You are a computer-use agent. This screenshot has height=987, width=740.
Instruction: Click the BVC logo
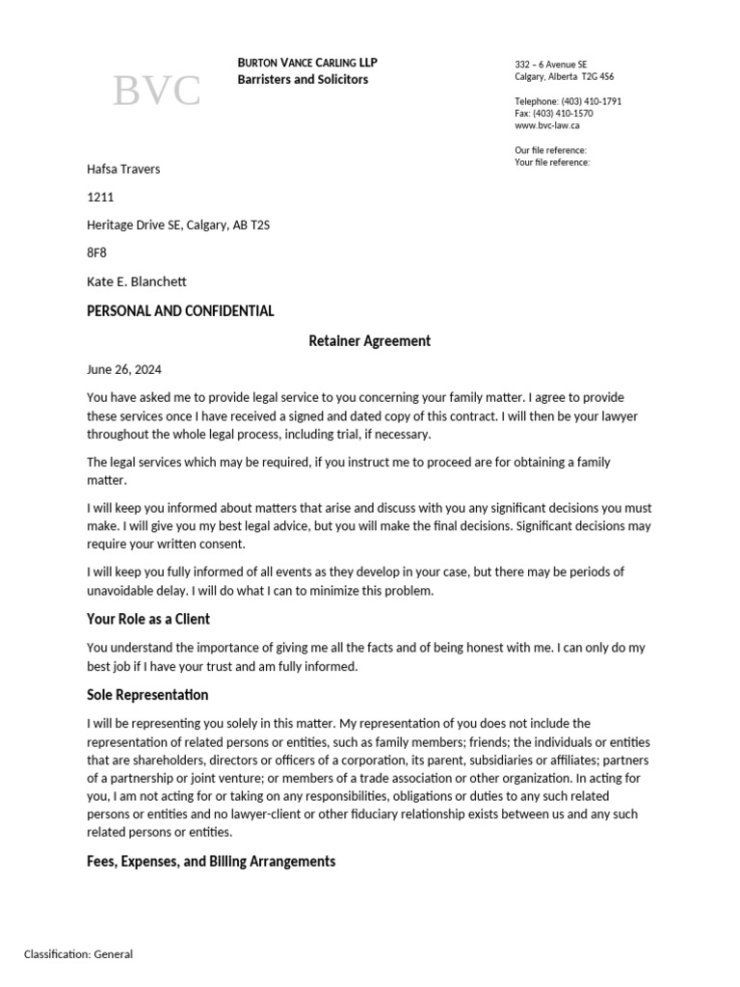tap(157, 91)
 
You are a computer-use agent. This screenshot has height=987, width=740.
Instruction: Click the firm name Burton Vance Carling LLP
tap(307, 63)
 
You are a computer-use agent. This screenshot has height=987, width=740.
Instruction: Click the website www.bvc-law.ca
tap(546, 125)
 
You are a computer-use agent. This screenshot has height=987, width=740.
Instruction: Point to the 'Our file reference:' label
tap(550, 150)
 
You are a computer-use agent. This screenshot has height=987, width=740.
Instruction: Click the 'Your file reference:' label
tap(552, 162)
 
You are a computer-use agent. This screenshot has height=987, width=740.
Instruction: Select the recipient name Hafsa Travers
tap(123, 170)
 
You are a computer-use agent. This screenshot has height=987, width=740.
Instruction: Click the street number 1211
tap(100, 198)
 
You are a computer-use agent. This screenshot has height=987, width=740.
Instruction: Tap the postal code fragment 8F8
tap(97, 253)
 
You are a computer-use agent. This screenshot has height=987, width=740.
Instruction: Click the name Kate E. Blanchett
tap(136, 281)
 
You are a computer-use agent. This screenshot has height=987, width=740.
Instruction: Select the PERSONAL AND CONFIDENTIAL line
tap(180, 311)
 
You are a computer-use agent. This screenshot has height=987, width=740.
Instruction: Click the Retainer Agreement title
tap(369, 340)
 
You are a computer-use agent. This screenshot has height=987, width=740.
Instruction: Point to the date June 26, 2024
tap(124, 369)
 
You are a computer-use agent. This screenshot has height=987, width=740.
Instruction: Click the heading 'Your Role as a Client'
tap(148, 619)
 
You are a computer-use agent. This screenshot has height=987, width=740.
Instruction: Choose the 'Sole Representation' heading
tap(147, 695)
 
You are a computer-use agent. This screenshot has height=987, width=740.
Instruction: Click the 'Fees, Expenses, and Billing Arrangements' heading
tap(211, 862)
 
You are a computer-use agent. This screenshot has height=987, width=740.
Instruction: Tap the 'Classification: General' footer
tap(79, 954)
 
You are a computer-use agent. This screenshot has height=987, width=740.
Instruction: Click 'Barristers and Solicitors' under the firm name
tap(303, 79)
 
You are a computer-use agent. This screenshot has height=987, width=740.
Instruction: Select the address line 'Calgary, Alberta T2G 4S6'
tap(564, 76)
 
